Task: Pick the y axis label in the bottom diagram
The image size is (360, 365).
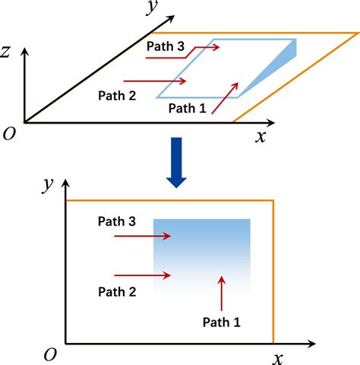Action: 47,183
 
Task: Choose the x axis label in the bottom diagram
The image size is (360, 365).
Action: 279,356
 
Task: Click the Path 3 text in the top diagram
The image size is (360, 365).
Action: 165,46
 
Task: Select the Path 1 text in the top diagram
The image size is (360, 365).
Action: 187,108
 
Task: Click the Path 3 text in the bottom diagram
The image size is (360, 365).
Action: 117,222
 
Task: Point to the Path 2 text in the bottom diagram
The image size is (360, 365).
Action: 117,291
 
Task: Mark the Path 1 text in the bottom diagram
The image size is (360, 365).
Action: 222,322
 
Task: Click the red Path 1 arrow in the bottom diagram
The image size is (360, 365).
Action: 222,291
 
